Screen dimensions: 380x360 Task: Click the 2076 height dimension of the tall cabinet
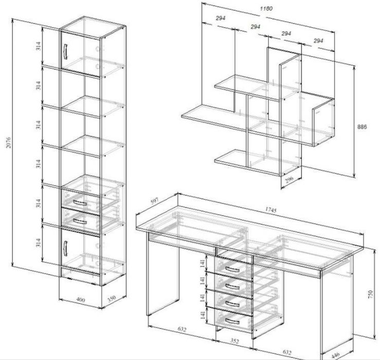coord(9,142)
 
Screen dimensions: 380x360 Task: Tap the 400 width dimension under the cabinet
coord(80,300)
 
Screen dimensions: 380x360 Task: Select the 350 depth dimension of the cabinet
coord(112,298)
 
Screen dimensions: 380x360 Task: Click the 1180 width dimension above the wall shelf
coord(266,9)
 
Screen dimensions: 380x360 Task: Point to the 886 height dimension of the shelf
coord(362,127)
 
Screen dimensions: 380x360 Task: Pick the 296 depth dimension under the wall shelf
coord(289,179)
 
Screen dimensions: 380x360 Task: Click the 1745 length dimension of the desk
coord(270,210)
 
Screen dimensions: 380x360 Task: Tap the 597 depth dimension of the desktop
coord(154,201)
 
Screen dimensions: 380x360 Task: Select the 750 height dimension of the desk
coord(370,294)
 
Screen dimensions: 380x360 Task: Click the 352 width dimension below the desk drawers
coord(234,341)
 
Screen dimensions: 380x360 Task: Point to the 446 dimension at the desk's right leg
coord(335,356)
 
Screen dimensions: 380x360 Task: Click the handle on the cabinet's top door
coord(65,51)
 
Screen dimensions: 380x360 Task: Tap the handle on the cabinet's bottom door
coord(65,248)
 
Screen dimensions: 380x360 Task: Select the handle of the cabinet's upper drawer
coord(80,203)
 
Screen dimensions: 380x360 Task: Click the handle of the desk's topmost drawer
coord(232,269)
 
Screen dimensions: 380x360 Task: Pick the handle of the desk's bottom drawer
coord(232,321)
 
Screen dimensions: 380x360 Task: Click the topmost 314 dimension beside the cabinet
coord(38,46)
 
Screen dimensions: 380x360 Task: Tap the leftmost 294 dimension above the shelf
coord(220,18)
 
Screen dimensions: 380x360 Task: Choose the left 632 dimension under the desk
coord(182,329)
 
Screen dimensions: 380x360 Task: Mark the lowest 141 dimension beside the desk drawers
coord(203,315)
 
